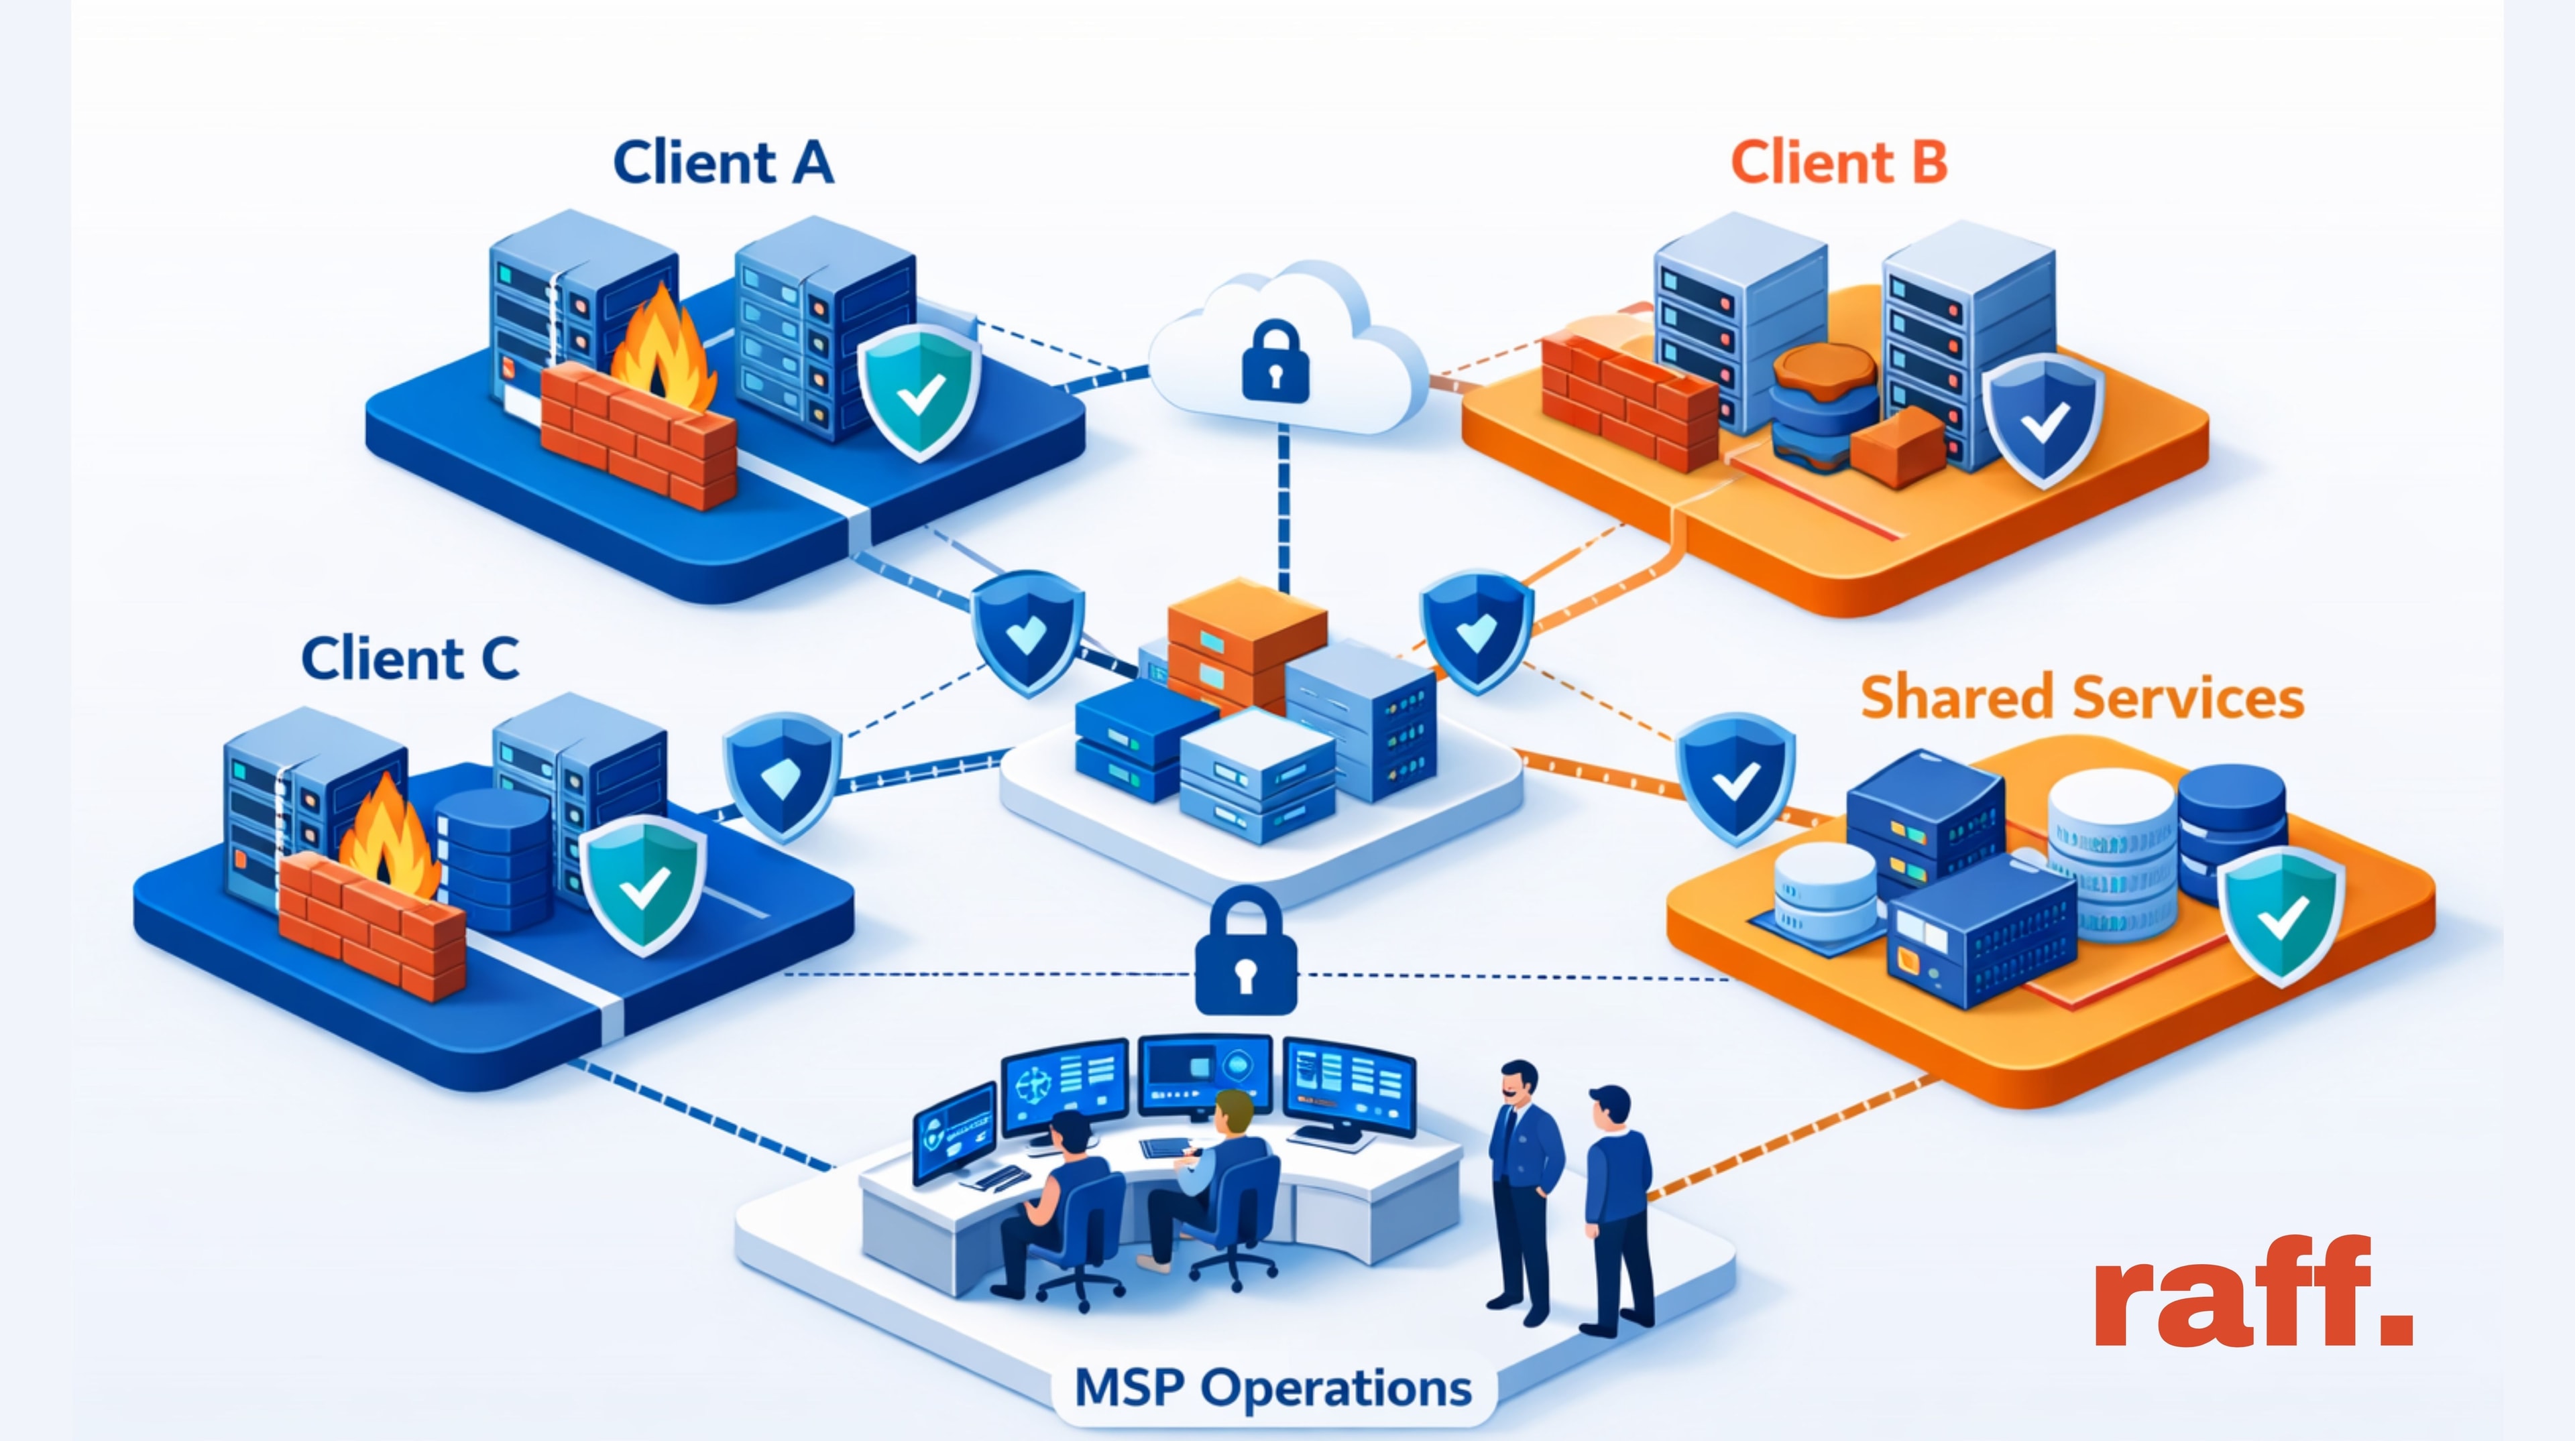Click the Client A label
point(723,163)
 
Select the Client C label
point(410,659)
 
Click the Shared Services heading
point(2081,698)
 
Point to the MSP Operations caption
point(1273,1388)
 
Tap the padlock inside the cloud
point(1275,362)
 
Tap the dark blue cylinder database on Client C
point(495,859)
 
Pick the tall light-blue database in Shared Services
point(2111,855)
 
